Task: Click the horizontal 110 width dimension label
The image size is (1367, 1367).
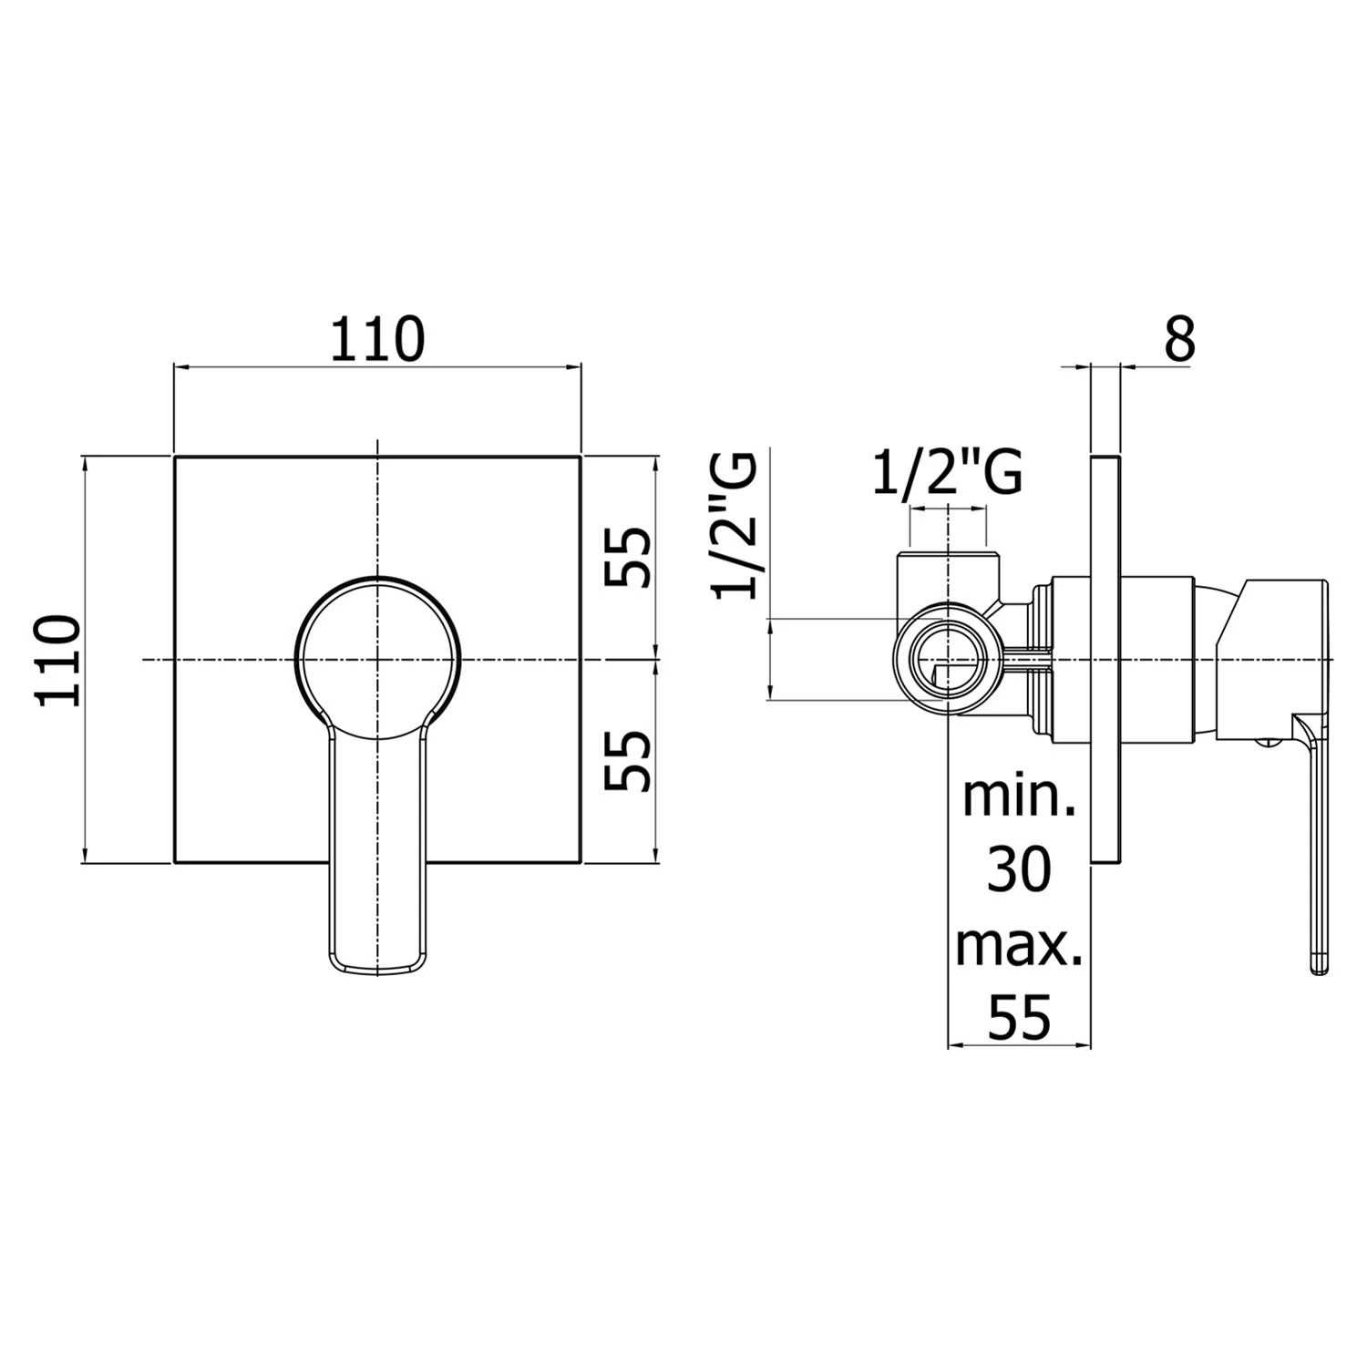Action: pos(377,338)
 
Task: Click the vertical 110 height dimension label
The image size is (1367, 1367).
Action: pos(58,661)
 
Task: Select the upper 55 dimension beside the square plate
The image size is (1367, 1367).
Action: pos(629,558)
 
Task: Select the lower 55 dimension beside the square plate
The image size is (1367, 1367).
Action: pos(629,760)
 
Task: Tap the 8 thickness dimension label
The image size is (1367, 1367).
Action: pos(1178,339)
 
